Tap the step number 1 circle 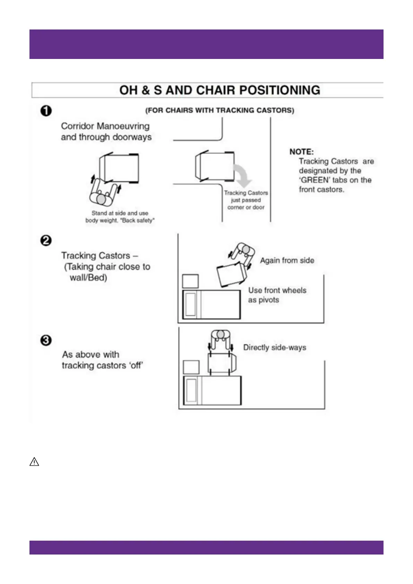click(x=46, y=111)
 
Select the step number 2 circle click(x=46, y=240)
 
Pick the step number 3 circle click(x=46, y=340)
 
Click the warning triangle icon click(x=34, y=462)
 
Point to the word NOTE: click(x=301, y=152)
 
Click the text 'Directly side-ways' click(x=274, y=347)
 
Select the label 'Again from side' click(x=287, y=260)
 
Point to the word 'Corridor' click(x=77, y=126)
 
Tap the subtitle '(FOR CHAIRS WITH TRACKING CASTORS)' click(x=220, y=110)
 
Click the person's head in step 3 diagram click(x=221, y=334)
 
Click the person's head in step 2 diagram click(x=246, y=249)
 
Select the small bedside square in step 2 click(x=190, y=281)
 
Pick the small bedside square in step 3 click(x=191, y=367)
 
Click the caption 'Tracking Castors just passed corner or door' click(x=246, y=200)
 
